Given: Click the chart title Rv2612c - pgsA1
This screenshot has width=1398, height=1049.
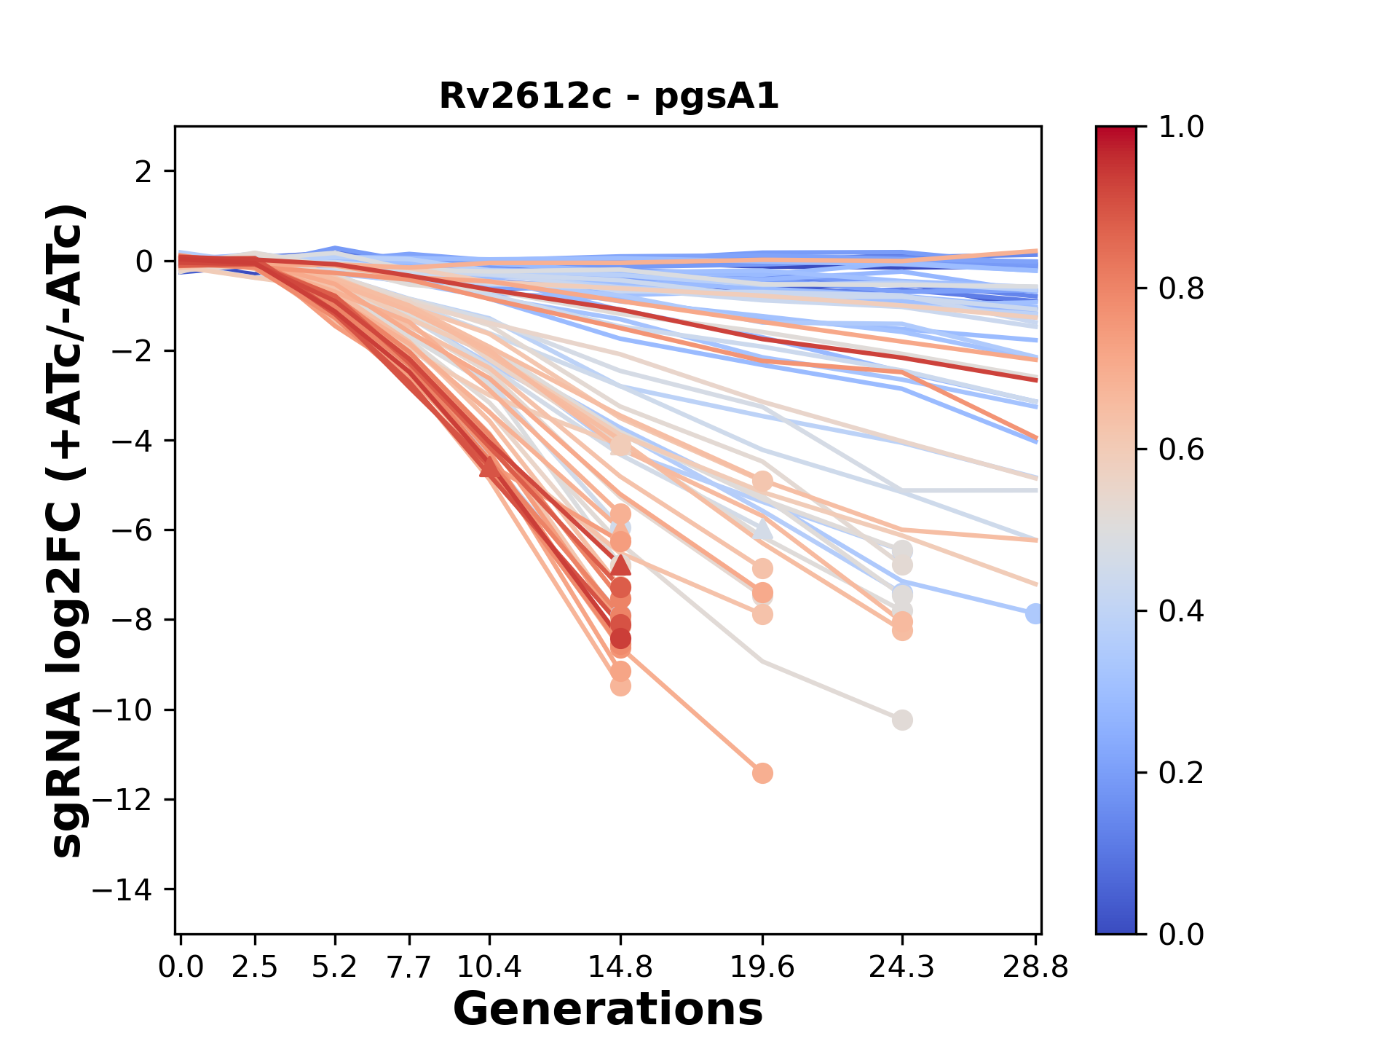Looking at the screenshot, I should pyautogui.click(x=609, y=96).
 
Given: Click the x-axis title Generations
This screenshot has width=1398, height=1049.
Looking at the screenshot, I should pyautogui.click(x=608, y=1010).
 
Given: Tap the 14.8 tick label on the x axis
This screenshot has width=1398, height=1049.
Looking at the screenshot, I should pyautogui.click(x=620, y=967).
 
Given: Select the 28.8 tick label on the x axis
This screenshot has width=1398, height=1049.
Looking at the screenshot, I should pyautogui.click(x=1035, y=967).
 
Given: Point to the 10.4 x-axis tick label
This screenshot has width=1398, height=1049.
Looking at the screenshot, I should pyautogui.click(x=489, y=967).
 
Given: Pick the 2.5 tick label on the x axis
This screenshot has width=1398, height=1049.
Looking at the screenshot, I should pyautogui.click(x=255, y=967).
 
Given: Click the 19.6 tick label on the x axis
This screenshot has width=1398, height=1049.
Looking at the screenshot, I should pyautogui.click(x=762, y=967).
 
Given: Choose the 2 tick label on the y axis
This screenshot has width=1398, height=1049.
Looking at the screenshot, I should pyautogui.click(x=143, y=171).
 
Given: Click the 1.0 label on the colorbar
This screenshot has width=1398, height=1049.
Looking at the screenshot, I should pyautogui.click(x=1181, y=127).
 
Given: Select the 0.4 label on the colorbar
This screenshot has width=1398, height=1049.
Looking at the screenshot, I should pyautogui.click(x=1181, y=611).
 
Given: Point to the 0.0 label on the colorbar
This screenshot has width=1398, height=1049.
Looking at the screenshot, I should pyautogui.click(x=1181, y=934).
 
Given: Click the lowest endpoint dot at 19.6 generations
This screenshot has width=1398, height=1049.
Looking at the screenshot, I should pyautogui.click(x=762, y=773).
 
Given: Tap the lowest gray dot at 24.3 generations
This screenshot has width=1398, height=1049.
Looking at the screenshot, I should pyautogui.click(x=902, y=720).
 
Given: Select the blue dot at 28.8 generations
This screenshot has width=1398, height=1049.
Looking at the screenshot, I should pyautogui.click(x=1035, y=613).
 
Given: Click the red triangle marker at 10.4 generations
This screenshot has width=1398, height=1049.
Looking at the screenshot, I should pyautogui.click(x=489, y=467).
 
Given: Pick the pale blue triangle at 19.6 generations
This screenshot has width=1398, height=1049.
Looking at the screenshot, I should pyautogui.click(x=762, y=529).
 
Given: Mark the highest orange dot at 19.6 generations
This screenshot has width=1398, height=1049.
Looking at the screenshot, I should pyautogui.click(x=762, y=481).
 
